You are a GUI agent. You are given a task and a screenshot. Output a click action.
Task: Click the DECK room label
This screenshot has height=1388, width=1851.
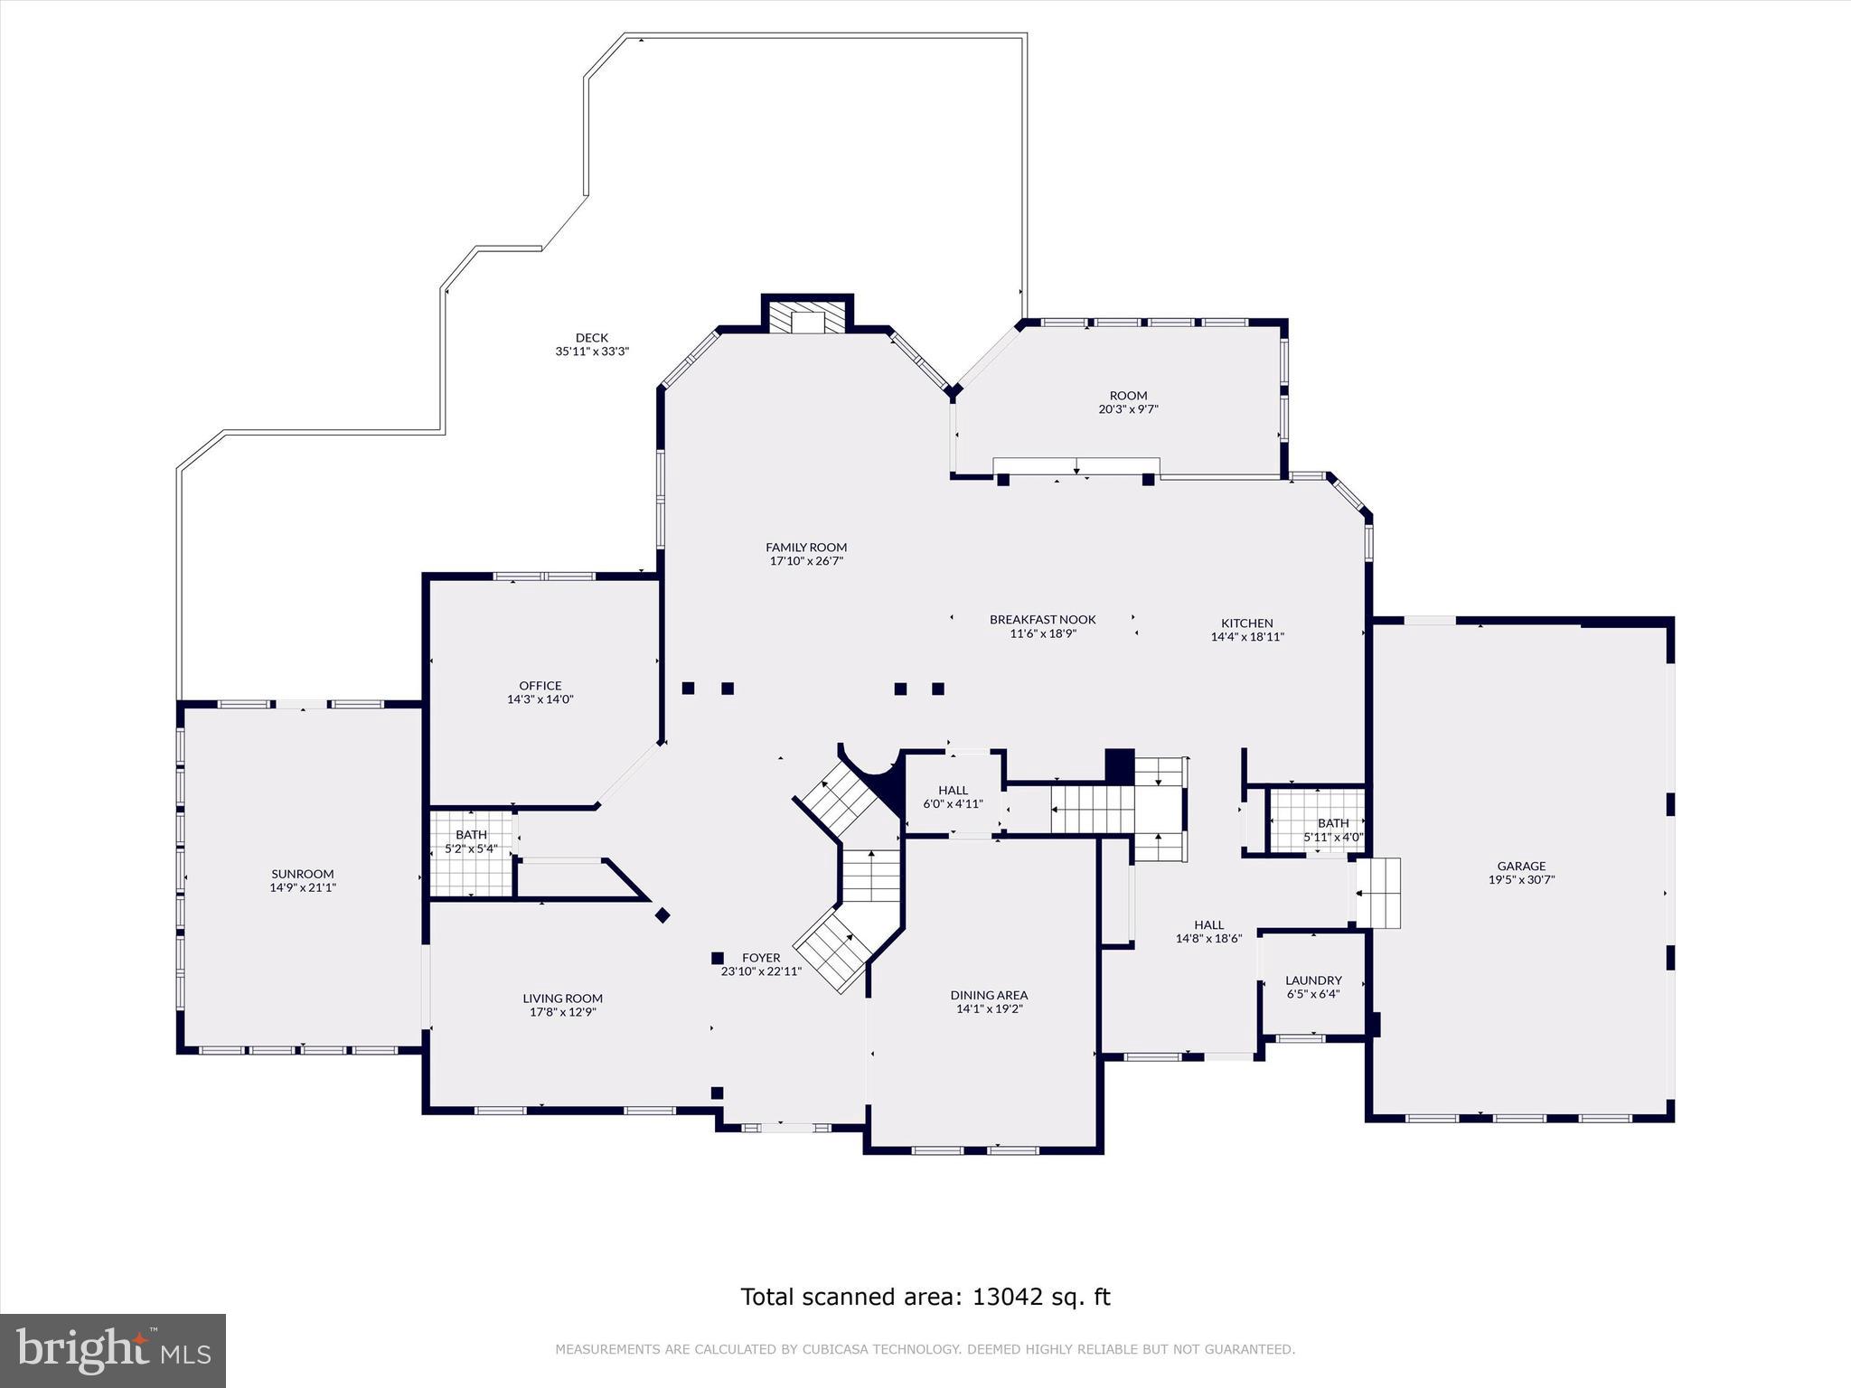pyautogui.click(x=591, y=338)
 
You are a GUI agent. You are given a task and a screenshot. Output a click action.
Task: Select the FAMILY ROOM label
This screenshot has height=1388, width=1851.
pyautogui.click(x=806, y=547)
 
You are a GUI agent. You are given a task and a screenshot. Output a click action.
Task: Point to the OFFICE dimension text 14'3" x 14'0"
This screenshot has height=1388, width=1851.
pyautogui.click(x=540, y=699)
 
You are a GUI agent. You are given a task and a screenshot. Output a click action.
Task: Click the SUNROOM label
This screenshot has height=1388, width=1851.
pyautogui.click(x=303, y=874)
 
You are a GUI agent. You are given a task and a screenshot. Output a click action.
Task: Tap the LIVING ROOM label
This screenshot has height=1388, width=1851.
pyautogui.click(x=562, y=999)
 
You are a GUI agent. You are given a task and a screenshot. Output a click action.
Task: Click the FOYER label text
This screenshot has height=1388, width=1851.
pyautogui.click(x=761, y=958)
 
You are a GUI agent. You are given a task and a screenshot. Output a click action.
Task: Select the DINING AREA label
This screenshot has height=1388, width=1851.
pyautogui.click(x=989, y=995)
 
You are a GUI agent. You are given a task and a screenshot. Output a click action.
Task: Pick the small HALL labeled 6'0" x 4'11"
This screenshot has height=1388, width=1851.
pyautogui.click(x=953, y=796)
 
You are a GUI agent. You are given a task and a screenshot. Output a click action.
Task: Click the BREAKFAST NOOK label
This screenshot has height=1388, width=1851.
pyautogui.click(x=1042, y=619)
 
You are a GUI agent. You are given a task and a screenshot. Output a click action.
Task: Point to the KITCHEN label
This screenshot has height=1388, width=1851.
pyautogui.click(x=1247, y=623)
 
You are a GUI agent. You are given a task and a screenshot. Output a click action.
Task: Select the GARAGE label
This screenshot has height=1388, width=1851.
pyautogui.click(x=1521, y=866)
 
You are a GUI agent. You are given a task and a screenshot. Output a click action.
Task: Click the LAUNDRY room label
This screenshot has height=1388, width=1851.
pyautogui.click(x=1313, y=980)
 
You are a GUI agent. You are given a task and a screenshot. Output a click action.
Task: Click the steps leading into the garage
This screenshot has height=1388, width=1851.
pyautogui.click(x=1377, y=894)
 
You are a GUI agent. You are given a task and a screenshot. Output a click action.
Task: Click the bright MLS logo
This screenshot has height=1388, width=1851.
pyautogui.click(x=113, y=1351)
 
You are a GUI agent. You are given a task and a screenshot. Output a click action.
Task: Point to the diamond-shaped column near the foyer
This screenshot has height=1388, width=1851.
pyautogui.click(x=662, y=915)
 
